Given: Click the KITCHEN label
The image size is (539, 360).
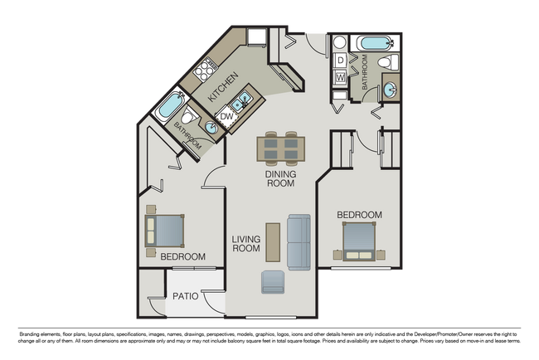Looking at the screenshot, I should [x=223, y=87].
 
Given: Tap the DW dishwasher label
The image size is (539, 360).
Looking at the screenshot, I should [x=227, y=117].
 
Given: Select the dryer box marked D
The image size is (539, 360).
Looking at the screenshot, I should [x=340, y=61].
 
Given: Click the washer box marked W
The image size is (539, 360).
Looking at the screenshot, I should [x=340, y=79].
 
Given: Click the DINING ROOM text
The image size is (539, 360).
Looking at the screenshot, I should [x=280, y=179].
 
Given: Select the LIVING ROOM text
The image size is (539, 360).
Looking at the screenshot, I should [x=246, y=244].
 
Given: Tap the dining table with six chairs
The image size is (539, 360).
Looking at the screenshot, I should [x=280, y=148].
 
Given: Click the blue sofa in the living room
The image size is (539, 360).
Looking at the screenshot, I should [x=299, y=241].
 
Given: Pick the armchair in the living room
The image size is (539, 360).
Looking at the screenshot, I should [x=273, y=283].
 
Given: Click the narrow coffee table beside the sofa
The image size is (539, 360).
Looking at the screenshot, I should [x=271, y=241].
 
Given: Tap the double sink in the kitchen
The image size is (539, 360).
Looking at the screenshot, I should [x=241, y=104].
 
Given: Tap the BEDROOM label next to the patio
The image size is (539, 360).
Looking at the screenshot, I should [x=182, y=256].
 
